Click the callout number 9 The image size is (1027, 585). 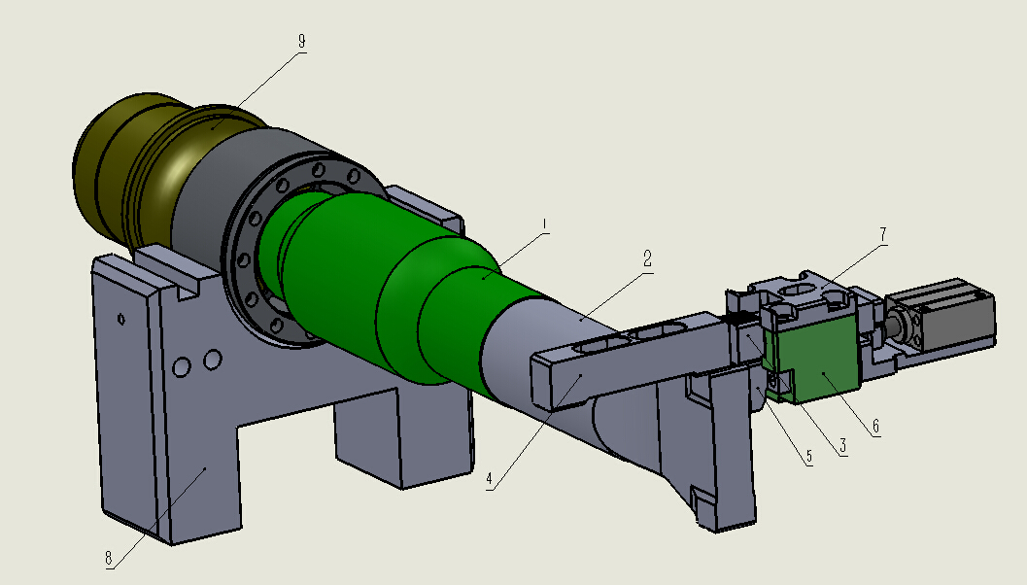(x=301, y=41)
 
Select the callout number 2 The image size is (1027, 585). (x=647, y=259)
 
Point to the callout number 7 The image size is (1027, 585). (x=882, y=234)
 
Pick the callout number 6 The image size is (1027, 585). (x=875, y=427)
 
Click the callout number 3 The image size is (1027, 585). (x=842, y=447)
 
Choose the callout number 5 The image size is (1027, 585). (x=809, y=457)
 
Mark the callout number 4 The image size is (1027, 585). (x=489, y=479)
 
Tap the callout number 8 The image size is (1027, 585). (x=109, y=558)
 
